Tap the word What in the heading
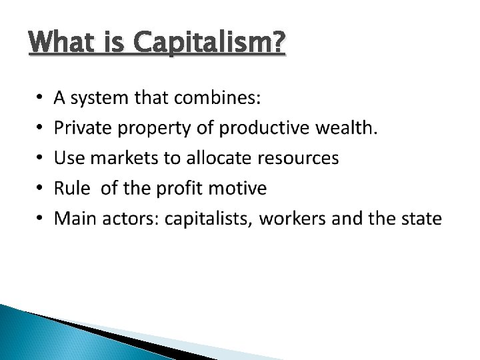(61, 45)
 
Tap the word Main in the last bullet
(73, 219)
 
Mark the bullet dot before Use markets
(38, 159)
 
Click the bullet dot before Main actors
(38, 219)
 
